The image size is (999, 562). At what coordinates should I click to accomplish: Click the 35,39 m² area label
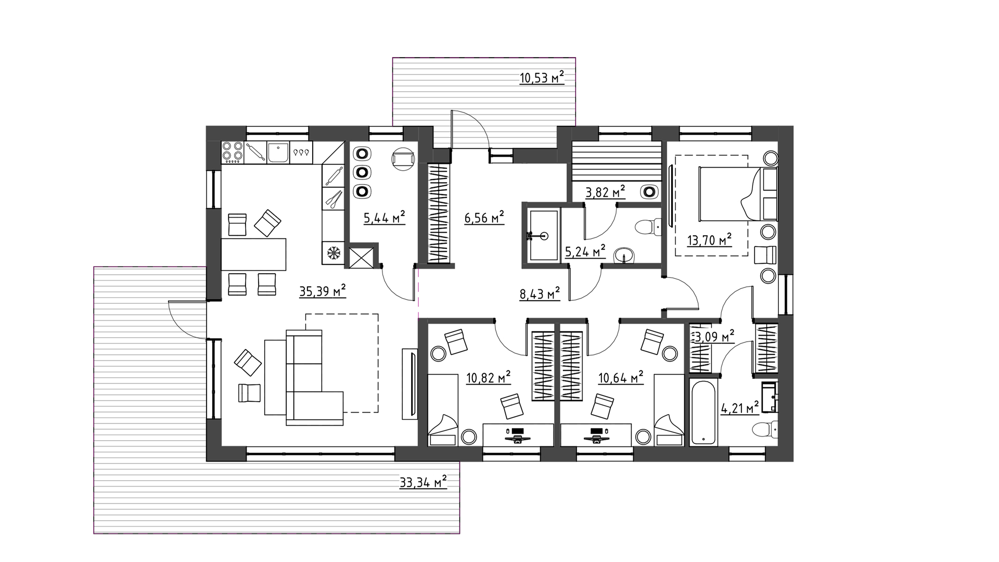pos(323,291)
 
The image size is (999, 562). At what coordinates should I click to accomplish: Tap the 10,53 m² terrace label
pos(542,78)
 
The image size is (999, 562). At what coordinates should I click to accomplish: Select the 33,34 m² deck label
pos(423,482)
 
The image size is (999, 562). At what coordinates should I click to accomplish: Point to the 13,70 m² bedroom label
pos(709,240)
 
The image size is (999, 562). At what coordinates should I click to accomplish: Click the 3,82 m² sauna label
pos(605,193)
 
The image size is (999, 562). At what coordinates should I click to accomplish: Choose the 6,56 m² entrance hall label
pos(484,218)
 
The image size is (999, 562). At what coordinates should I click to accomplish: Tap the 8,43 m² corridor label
pos(540,294)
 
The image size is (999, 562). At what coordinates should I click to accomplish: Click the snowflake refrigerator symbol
pos(333,254)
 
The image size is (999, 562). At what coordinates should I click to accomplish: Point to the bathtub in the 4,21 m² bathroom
pos(703,412)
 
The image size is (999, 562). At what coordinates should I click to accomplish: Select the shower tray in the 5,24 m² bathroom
pos(543,236)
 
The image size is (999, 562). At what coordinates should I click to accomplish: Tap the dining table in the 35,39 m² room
pos(254,254)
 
